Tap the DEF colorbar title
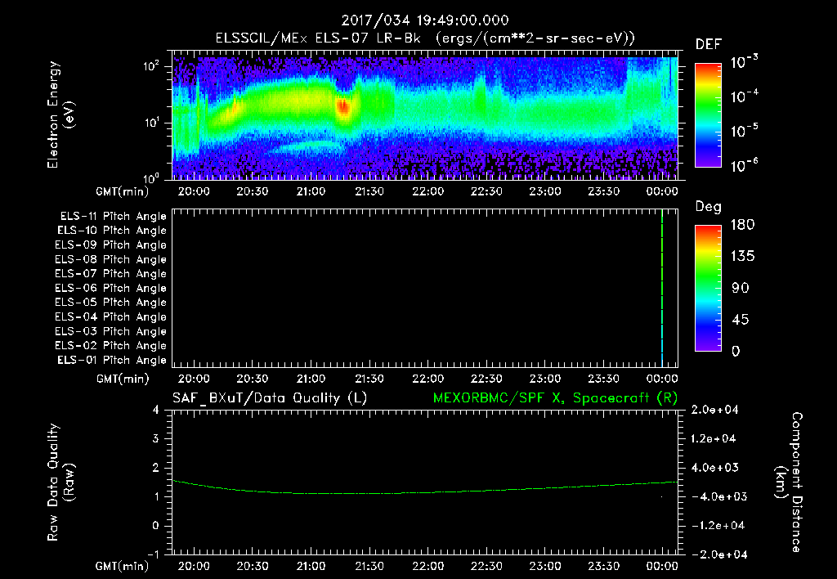(708, 44)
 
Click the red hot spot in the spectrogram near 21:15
(343, 107)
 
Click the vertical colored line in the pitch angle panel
(661, 286)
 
